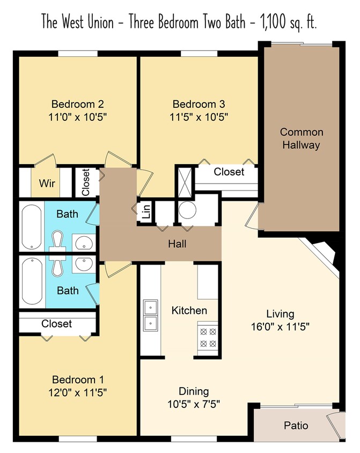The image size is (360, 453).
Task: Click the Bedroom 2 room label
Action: coord(77,104)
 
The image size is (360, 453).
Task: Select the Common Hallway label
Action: coord(302,138)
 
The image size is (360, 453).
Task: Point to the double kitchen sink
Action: coord(150,315)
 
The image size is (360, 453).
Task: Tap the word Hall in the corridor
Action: coord(177,244)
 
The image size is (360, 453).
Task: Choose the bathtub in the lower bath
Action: coord(32,281)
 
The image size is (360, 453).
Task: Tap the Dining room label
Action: coord(194,391)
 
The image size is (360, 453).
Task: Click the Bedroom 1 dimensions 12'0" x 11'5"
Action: coord(77,392)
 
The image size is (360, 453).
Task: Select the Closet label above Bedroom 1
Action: coord(56,324)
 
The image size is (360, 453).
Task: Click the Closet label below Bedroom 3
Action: coord(229,172)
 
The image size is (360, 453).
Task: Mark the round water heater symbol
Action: coord(188,211)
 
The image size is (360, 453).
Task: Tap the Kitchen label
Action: coord(189,310)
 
